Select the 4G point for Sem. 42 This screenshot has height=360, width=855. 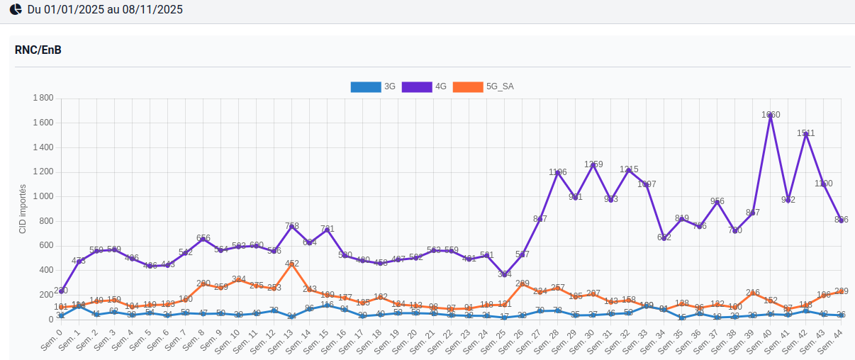point(806,133)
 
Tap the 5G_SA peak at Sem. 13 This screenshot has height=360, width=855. point(292,264)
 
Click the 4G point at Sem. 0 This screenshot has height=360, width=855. point(62,291)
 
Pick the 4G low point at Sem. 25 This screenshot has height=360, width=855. point(505,274)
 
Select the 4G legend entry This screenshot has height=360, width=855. point(425,87)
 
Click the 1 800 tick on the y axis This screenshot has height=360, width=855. point(43,98)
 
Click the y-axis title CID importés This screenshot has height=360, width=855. point(22,209)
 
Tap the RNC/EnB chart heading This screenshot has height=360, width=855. point(38,50)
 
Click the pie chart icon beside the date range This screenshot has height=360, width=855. point(16,10)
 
